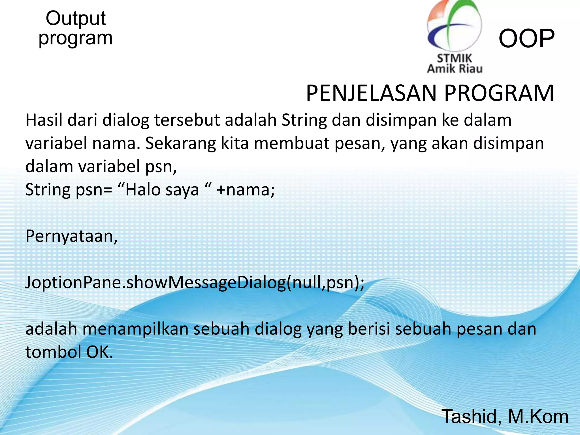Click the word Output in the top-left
pyautogui.click(x=76, y=19)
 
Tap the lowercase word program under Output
pyautogui.click(x=76, y=39)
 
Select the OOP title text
pyautogui.click(x=526, y=39)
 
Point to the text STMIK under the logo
pyautogui.click(x=455, y=59)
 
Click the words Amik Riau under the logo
pyautogui.click(x=455, y=69)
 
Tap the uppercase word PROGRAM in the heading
pyautogui.click(x=499, y=93)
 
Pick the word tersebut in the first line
pyautogui.click(x=187, y=120)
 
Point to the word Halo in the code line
pyautogui.click(x=143, y=190)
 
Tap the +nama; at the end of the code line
pyautogui.click(x=245, y=190)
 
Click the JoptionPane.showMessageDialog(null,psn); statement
pyautogui.click(x=195, y=283)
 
